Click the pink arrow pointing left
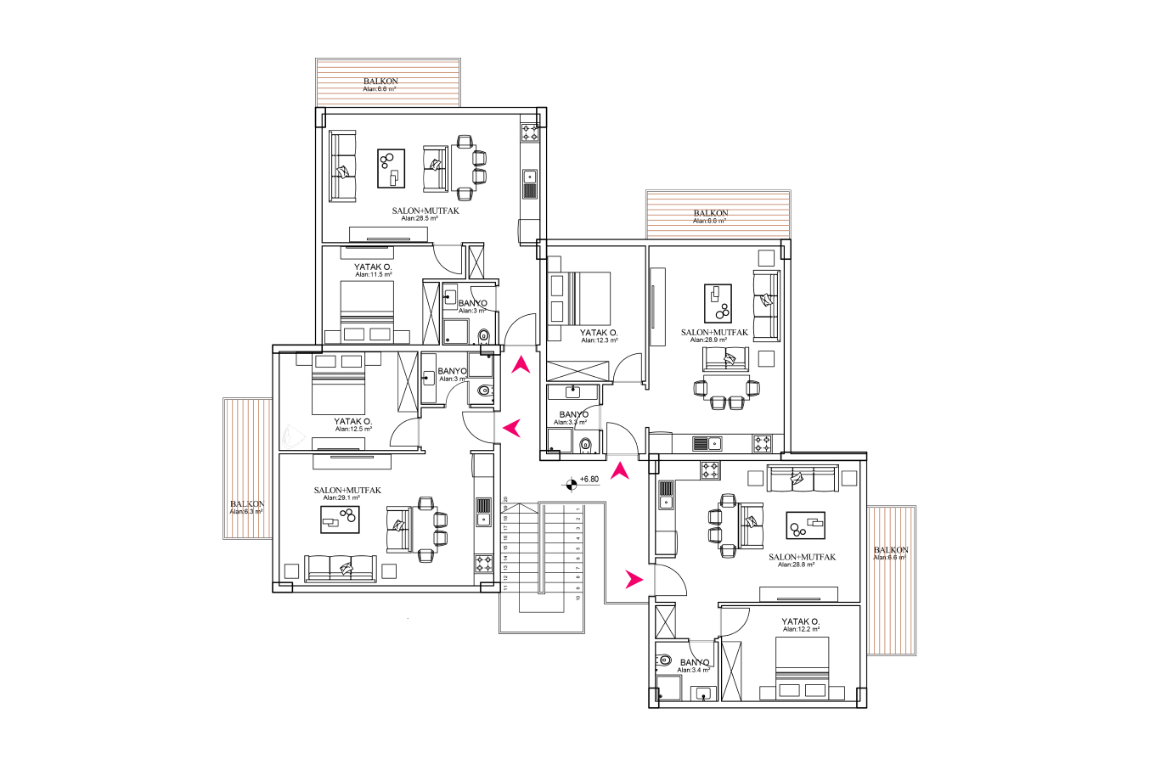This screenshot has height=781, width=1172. (x=511, y=428)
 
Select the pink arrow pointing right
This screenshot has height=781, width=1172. (x=634, y=579)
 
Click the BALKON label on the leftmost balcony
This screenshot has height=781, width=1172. (x=247, y=506)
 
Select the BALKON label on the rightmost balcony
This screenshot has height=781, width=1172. (x=891, y=551)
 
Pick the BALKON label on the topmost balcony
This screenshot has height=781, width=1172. (x=380, y=81)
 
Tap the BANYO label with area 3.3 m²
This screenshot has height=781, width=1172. (x=574, y=415)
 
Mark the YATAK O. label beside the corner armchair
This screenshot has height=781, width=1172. (x=352, y=421)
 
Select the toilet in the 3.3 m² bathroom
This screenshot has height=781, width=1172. (x=585, y=445)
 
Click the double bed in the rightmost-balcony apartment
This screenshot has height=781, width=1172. (x=803, y=666)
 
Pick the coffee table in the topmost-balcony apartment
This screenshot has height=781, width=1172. (x=391, y=166)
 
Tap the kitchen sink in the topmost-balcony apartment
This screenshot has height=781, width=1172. (x=528, y=180)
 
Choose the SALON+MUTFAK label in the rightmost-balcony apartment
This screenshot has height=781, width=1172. (x=802, y=557)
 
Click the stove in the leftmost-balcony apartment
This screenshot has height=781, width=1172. (x=483, y=564)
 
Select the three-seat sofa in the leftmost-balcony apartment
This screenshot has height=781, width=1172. (x=341, y=568)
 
